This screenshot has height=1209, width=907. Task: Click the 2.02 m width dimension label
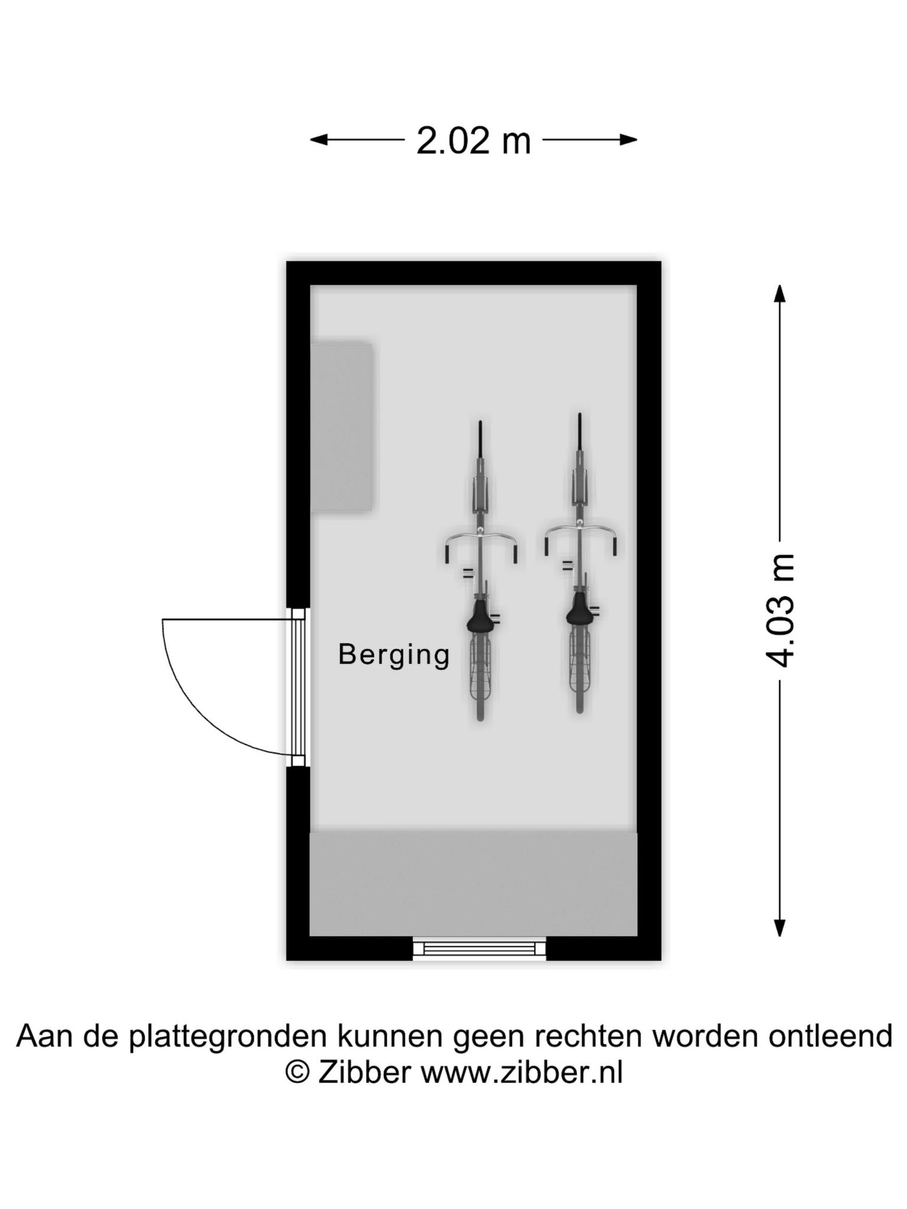[474, 141]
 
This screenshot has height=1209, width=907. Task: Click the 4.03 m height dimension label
[780, 610]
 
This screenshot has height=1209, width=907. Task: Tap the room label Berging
[394, 655]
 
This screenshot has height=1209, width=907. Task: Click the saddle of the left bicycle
[480, 617]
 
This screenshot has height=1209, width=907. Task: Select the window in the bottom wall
[479, 949]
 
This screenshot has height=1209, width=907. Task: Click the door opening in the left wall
[298, 687]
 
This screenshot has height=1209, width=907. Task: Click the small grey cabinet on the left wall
[341, 426]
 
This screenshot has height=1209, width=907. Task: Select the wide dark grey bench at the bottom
[474, 884]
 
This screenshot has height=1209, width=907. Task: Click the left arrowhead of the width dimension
[319, 140]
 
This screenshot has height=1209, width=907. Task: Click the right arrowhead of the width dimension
[628, 140]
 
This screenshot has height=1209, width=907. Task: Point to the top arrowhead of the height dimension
[780, 294]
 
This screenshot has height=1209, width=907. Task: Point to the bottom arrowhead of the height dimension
[780, 927]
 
